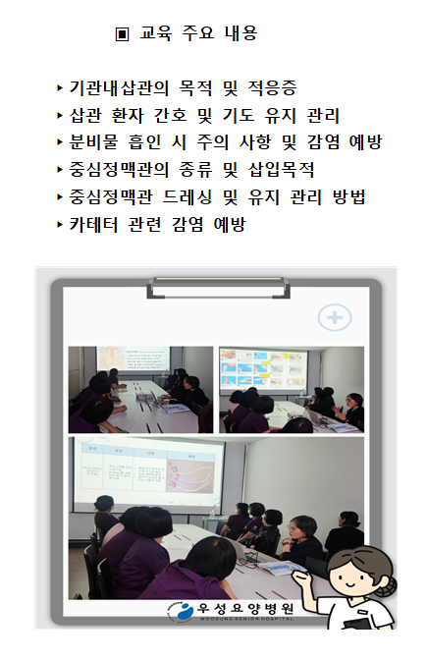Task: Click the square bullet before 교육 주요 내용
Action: point(122,34)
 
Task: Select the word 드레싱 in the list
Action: point(195,198)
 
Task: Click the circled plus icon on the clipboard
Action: point(335,317)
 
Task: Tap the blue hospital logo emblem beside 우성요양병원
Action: point(181,612)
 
